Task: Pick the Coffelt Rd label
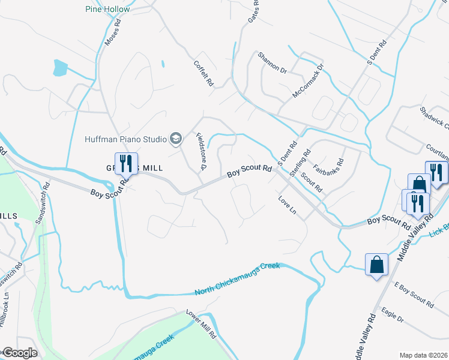coord(203,75)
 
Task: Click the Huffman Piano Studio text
coord(125,140)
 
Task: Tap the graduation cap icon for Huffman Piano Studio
coord(176,140)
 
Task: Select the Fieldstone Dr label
coord(201,151)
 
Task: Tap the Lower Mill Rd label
coord(201,325)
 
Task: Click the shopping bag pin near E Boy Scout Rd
coord(376,264)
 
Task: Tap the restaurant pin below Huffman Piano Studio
coord(126,163)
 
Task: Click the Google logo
coord(19,353)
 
